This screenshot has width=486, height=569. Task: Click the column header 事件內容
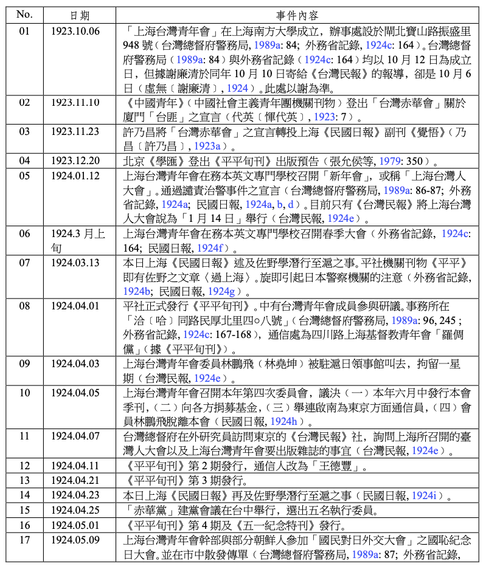297,15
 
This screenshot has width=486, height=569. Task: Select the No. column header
24,15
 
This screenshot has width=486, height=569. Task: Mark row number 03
24,131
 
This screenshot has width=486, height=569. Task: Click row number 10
24,393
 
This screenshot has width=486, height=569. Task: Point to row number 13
24,481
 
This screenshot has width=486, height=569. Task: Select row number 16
24,525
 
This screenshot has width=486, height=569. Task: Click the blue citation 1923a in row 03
208,147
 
